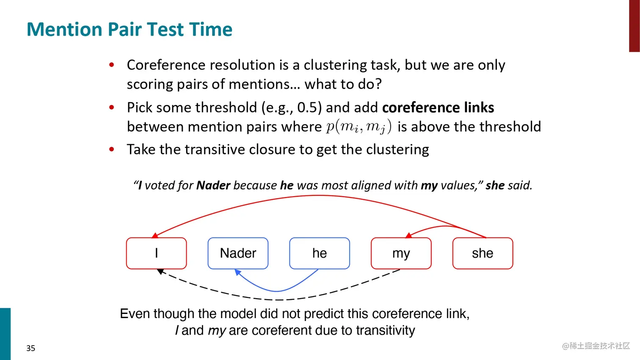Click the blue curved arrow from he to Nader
(276, 291)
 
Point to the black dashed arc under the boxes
(279, 300)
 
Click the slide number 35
(30, 348)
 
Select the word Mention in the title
(64, 30)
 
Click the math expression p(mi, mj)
(359, 127)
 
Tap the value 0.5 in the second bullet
(307, 107)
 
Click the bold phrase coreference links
(438, 107)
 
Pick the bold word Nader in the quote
(213, 186)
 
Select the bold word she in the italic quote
(495, 186)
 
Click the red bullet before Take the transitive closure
(112, 149)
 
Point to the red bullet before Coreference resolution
(112, 65)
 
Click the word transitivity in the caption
(385, 330)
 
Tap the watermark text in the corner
(596, 346)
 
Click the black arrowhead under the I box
(160, 271)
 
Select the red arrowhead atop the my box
(409, 235)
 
